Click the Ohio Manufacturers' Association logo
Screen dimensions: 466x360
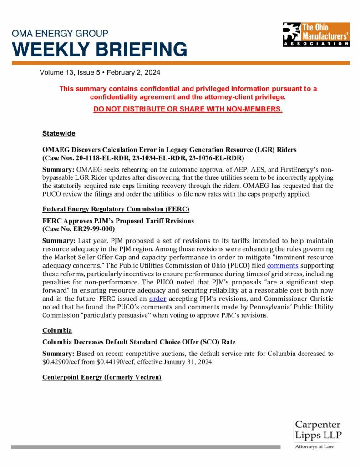315,34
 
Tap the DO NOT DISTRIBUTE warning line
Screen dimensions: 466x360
188,109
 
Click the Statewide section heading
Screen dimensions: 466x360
59,133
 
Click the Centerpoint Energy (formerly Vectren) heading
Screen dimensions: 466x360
101,377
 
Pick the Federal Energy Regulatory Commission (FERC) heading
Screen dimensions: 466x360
116,209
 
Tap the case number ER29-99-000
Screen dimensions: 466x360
92,228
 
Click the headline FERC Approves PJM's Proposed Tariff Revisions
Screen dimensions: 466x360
118,221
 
